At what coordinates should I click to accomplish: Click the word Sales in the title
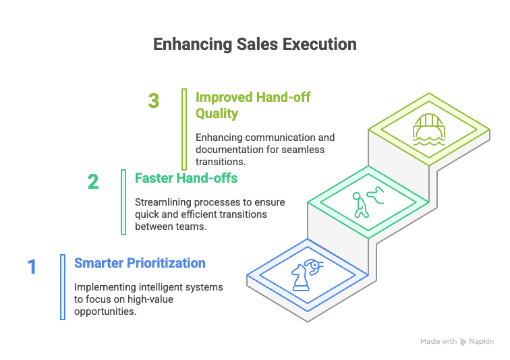[x=257, y=44]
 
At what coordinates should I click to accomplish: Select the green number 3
[x=154, y=100]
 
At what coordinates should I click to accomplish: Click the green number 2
[x=93, y=181]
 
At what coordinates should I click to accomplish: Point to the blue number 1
[x=32, y=267]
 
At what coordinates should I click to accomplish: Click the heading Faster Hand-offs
[x=186, y=178]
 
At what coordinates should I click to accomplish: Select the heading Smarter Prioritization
[x=140, y=263]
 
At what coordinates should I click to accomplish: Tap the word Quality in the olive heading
[x=217, y=114]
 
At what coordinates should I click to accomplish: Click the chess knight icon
[x=300, y=277]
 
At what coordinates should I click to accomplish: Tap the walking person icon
[x=361, y=205]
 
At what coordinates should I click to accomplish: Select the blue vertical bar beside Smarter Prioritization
[x=63, y=287]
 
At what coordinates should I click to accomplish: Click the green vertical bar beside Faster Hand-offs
[x=123, y=202]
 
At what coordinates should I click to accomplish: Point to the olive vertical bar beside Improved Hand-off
[x=184, y=129]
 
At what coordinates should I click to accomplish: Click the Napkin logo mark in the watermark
[x=463, y=342]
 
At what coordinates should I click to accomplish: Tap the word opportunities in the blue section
[x=105, y=311]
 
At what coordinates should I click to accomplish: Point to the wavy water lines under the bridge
[x=429, y=142]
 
